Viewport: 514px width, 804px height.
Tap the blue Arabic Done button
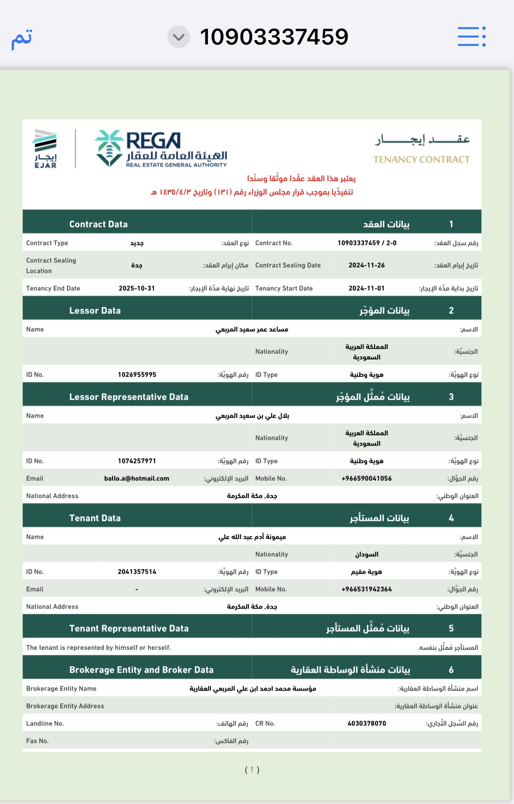pyautogui.click(x=22, y=38)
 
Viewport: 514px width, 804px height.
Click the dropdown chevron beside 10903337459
pyautogui.click(x=179, y=37)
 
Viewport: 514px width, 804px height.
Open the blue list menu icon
pyautogui.click(x=471, y=37)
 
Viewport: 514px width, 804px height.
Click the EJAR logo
pyautogui.click(x=45, y=148)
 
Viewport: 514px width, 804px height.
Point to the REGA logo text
pyautogui.click(x=153, y=141)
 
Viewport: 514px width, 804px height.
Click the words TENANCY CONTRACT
pyautogui.click(x=421, y=160)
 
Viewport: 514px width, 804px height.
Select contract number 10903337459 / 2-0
pyautogui.click(x=367, y=243)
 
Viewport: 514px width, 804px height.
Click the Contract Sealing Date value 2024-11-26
pyautogui.click(x=367, y=265)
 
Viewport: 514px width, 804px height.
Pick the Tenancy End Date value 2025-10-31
pyautogui.click(x=136, y=288)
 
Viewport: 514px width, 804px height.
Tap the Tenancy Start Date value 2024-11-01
pyautogui.click(x=367, y=288)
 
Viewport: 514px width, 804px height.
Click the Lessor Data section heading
pyautogui.click(x=95, y=310)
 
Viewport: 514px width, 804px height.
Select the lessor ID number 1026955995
pyautogui.click(x=137, y=375)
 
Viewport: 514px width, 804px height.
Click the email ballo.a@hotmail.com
pyautogui.click(x=136, y=478)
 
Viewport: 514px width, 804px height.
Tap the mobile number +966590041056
pyautogui.click(x=367, y=478)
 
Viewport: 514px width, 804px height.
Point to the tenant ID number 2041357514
pyautogui.click(x=137, y=572)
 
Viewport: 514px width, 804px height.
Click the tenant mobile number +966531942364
pyautogui.click(x=367, y=589)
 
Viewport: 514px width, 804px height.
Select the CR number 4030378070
pyautogui.click(x=367, y=723)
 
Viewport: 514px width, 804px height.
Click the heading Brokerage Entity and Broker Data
pyautogui.click(x=141, y=670)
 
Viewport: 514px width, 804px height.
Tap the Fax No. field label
pyautogui.click(x=37, y=741)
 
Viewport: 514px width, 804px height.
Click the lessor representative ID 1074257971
pyautogui.click(x=137, y=461)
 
